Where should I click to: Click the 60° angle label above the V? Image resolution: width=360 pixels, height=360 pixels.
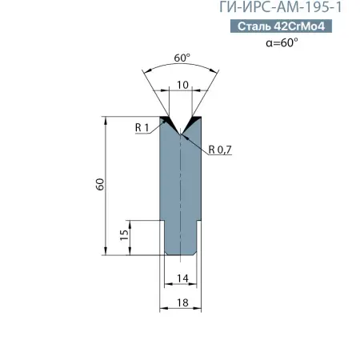click(x=181, y=58)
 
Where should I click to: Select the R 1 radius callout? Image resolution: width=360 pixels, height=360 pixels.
click(x=143, y=126)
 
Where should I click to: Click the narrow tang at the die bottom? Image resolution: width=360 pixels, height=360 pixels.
click(x=181, y=240)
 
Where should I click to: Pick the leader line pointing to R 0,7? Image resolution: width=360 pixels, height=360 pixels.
click(x=196, y=142)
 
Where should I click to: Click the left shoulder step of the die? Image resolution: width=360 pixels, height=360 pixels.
click(x=162, y=222)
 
